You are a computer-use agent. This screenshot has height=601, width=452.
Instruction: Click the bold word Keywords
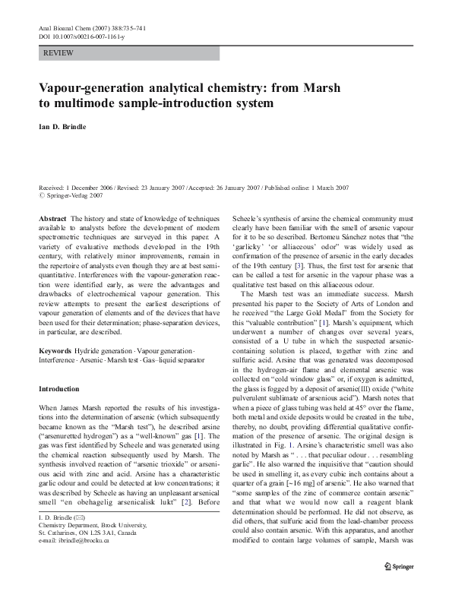55,350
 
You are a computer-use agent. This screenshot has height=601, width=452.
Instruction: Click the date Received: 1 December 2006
85,187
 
